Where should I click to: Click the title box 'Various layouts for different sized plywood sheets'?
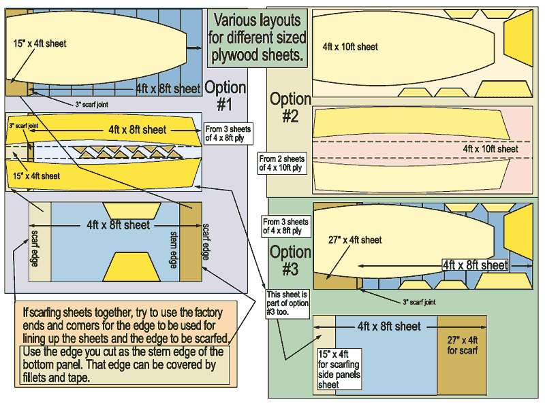[258, 37]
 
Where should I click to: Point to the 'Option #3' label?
[290, 260]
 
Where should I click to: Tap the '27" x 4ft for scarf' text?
[461, 346]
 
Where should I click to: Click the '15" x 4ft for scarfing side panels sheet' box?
[339, 369]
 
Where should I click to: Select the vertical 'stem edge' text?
[173, 247]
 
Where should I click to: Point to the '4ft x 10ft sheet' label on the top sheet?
[350, 47]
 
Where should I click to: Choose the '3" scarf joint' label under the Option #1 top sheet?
[91, 104]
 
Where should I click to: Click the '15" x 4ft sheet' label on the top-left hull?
[39, 43]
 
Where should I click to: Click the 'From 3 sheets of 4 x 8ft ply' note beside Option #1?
[228, 133]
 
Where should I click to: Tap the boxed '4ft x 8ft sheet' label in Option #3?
[475, 265]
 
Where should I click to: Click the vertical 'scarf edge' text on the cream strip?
[35, 250]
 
